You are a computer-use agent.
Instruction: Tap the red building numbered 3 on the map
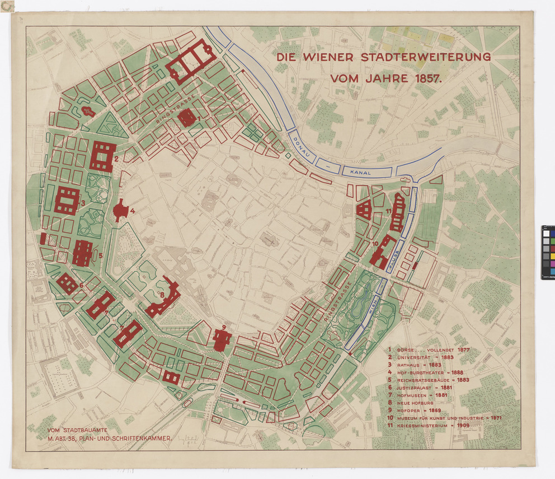pyautogui.click(x=67, y=201)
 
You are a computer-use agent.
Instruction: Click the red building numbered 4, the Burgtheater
pyautogui.click(x=120, y=211)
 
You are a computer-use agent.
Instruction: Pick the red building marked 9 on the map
pyautogui.click(x=222, y=340)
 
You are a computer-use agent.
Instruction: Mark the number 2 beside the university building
pyautogui.click(x=116, y=159)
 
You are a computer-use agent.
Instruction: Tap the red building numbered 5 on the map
pyautogui.click(x=82, y=253)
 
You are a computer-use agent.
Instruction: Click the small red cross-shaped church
pyautogui.click(x=88, y=111)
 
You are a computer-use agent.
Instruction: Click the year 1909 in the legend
pyautogui.click(x=460, y=426)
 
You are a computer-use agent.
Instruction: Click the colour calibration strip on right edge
pyautogui.click(x=548, y=252)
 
